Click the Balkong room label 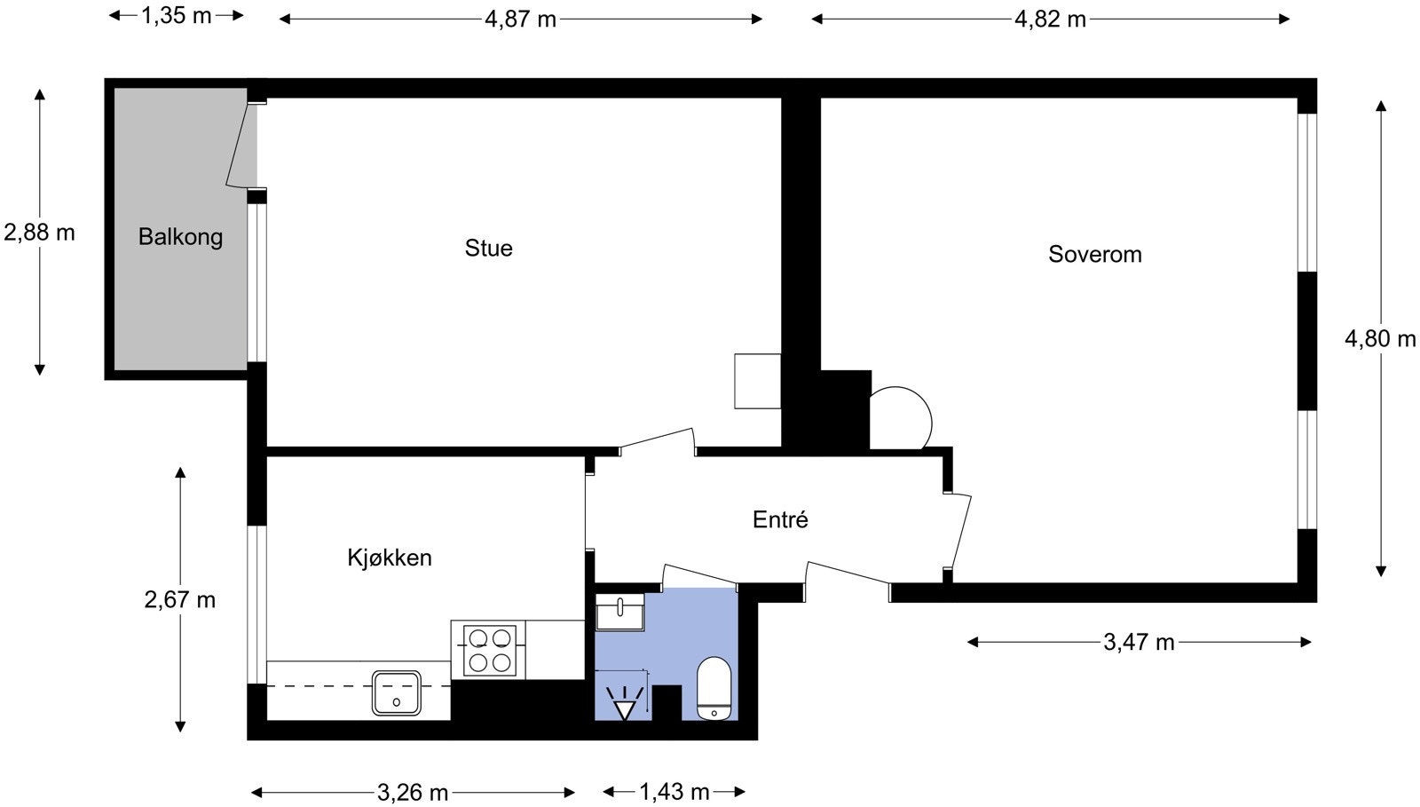coord(181,237)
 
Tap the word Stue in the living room coord(489,248)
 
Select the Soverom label coord(1095,254)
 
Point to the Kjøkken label coord(390,558)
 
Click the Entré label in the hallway coord(780,520)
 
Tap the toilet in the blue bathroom coord(714,688)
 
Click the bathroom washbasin coord(620,612)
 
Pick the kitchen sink coord(396,692)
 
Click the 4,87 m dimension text coord(520,19)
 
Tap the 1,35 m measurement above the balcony coord(177,15)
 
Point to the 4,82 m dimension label coord(1051,19)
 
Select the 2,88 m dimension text coord(39,233)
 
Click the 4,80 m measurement coord(1380,339)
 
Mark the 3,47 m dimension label coord(1140,642)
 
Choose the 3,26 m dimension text coord(413,793)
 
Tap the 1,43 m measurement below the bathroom coord(674,792)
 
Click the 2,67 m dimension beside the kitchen coord(180,599)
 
